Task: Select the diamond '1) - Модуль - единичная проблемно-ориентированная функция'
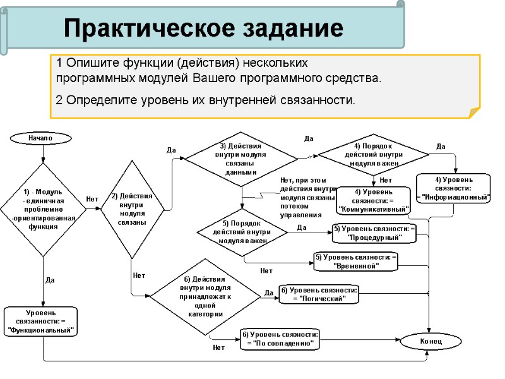pos(43,209)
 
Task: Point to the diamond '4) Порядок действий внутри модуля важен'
pos(373,154)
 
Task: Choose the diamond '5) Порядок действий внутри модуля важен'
pos(242,232)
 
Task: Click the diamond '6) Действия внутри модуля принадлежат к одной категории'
pos(204,296)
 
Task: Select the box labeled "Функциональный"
pos(41,321)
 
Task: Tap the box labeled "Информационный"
pos(453,188)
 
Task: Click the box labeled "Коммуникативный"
pos(374,200)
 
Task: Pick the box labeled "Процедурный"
pos(374,233)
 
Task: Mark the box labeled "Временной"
pos(356,261)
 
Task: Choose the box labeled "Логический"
pos(319,294)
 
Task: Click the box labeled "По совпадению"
pos(280,339)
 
